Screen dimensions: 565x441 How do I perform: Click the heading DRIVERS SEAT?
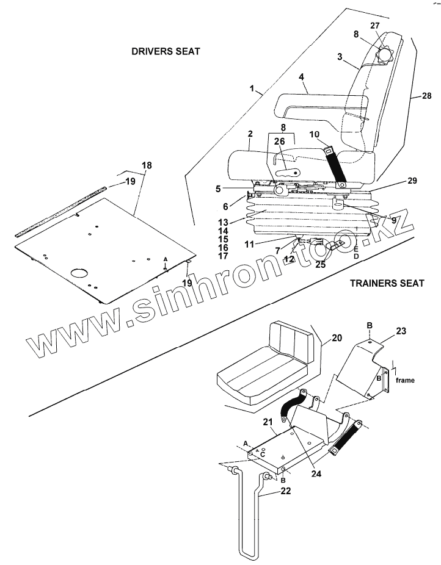pos(166,51)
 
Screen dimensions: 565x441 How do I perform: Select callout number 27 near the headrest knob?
pos(375,26)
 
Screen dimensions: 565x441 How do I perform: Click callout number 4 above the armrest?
pos(301,77)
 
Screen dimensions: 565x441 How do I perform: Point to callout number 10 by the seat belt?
pos(315,134)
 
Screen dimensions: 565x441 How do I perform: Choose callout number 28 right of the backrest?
pos(426,96)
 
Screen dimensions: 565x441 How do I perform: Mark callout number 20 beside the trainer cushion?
pos(337,337)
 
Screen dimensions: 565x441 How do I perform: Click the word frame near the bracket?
pos(406,380)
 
